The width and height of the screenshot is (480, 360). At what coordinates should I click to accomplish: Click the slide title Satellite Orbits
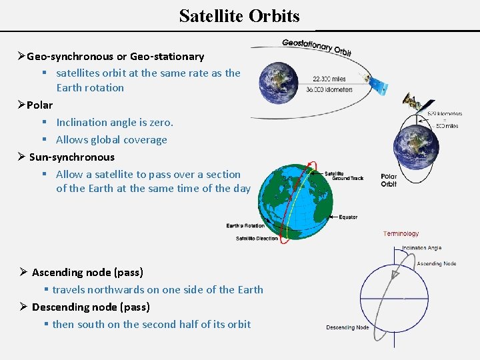pyautogui.click(x=239, y=15)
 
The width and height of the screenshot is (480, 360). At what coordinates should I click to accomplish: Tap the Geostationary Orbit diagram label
pyautogui.click(x=316, y=47)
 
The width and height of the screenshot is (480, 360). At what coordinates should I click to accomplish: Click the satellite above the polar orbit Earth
pyautogui.click(x=409, y=103)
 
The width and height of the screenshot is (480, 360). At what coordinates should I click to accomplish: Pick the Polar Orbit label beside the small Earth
pyautogui.click(x=389, y=180)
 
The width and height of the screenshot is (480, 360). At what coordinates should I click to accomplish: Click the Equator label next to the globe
pyautogui.click(x=348, y=217)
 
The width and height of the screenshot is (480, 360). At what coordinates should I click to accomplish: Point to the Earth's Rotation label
pyautogui.click(x=245, y=225)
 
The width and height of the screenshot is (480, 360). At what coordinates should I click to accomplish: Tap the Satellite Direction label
pyautogui.click(x=257, y=238)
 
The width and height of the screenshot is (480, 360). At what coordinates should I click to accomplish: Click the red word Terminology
pyautogui.click(x=401, y=234)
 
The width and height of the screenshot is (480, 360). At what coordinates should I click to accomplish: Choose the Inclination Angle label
pyautogui.click(x=421, y=248)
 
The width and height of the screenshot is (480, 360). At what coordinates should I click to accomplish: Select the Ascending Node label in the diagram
pyautogui.click(x=436, y=263)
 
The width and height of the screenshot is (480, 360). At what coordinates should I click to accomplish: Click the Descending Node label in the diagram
pyautogui.click(x=347, y=327)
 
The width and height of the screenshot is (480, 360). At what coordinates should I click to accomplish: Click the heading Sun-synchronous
pyautogui.click(x=71, y=157)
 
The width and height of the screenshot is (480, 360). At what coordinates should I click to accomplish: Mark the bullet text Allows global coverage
pyautogui.click(x=111, y=139)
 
